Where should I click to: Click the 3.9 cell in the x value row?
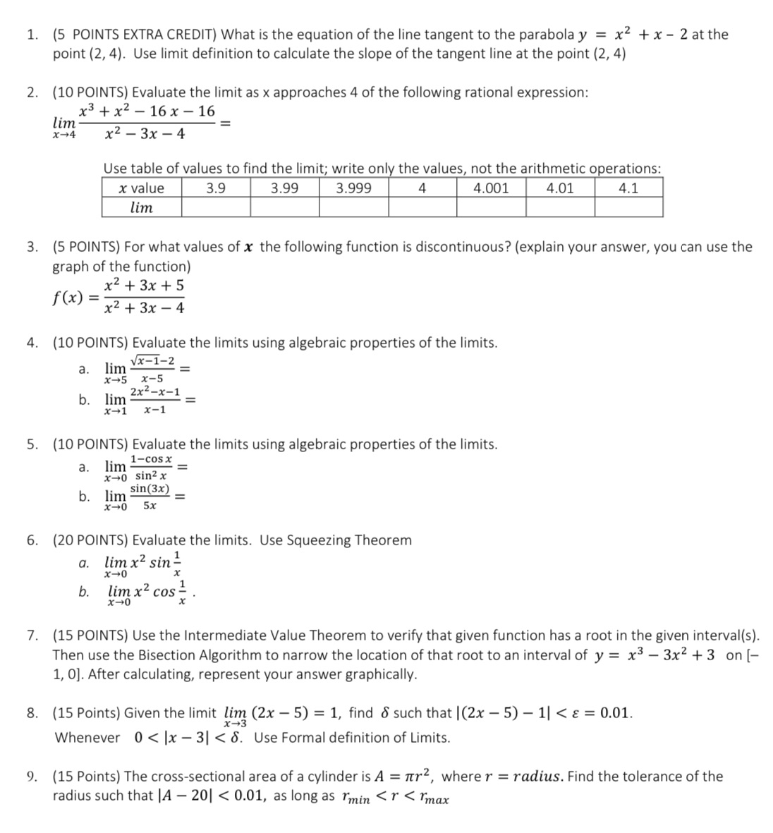click(x=216, y=188)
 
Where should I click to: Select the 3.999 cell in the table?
click(x=353, y=188)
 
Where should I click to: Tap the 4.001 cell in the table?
click(x=491, y=188)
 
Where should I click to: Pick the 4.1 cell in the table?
click(x=628, y=188)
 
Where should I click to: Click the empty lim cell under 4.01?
click(x=560, y=207)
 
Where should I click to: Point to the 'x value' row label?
click(x=142, y=188)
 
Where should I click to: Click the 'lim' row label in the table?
click(x=142, y=207)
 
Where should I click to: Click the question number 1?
click(x=32, y=35)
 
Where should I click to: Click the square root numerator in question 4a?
click(x=152, y=360)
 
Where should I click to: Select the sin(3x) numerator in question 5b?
click(x=150, y=489)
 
